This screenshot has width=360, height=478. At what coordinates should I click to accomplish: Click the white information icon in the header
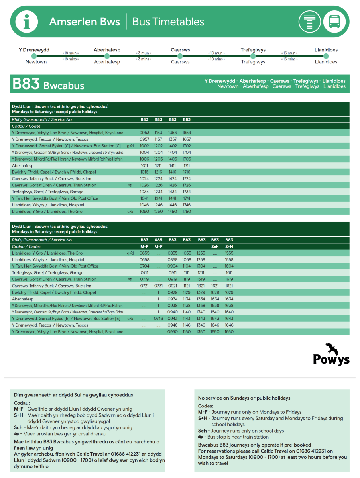[x=27, y=22]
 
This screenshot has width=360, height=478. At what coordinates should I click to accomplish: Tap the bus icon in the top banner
[x=334, y=22]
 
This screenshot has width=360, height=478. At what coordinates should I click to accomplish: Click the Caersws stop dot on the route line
[x=180, y=56]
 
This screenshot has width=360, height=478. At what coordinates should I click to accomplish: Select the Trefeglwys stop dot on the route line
[x=253, y=56]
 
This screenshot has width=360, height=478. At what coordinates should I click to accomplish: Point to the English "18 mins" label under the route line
[x=70, y=59]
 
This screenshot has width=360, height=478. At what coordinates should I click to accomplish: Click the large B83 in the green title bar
[x=26, y=84]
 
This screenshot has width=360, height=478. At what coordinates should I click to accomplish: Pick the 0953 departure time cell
[x=144, y=133]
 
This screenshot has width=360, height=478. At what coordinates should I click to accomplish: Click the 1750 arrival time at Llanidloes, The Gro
[x=187, y=212]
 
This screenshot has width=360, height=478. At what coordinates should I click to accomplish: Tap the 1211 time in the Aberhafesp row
[x=159, y=166]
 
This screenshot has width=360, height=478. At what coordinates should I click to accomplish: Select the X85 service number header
[x=159, y=240]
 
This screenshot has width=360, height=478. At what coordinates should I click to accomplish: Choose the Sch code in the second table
[x=215, y=247]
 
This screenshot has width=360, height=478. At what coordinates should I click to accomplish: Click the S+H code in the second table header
[x=229, y=247]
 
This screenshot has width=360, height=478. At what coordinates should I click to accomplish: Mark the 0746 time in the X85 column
[x=159, y=319]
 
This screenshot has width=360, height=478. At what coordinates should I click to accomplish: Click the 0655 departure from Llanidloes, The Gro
[x=144, y=253]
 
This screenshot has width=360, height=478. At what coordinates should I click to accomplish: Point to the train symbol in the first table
[x=130, y=185]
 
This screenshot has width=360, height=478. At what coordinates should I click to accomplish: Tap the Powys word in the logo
[x=331, y=360]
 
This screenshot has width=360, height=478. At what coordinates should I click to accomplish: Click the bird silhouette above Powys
[x=331, y=349]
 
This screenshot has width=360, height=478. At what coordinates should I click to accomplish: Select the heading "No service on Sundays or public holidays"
[x=244, y=398]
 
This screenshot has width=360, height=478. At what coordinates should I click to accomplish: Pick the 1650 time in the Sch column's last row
[x=215, y=332]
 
